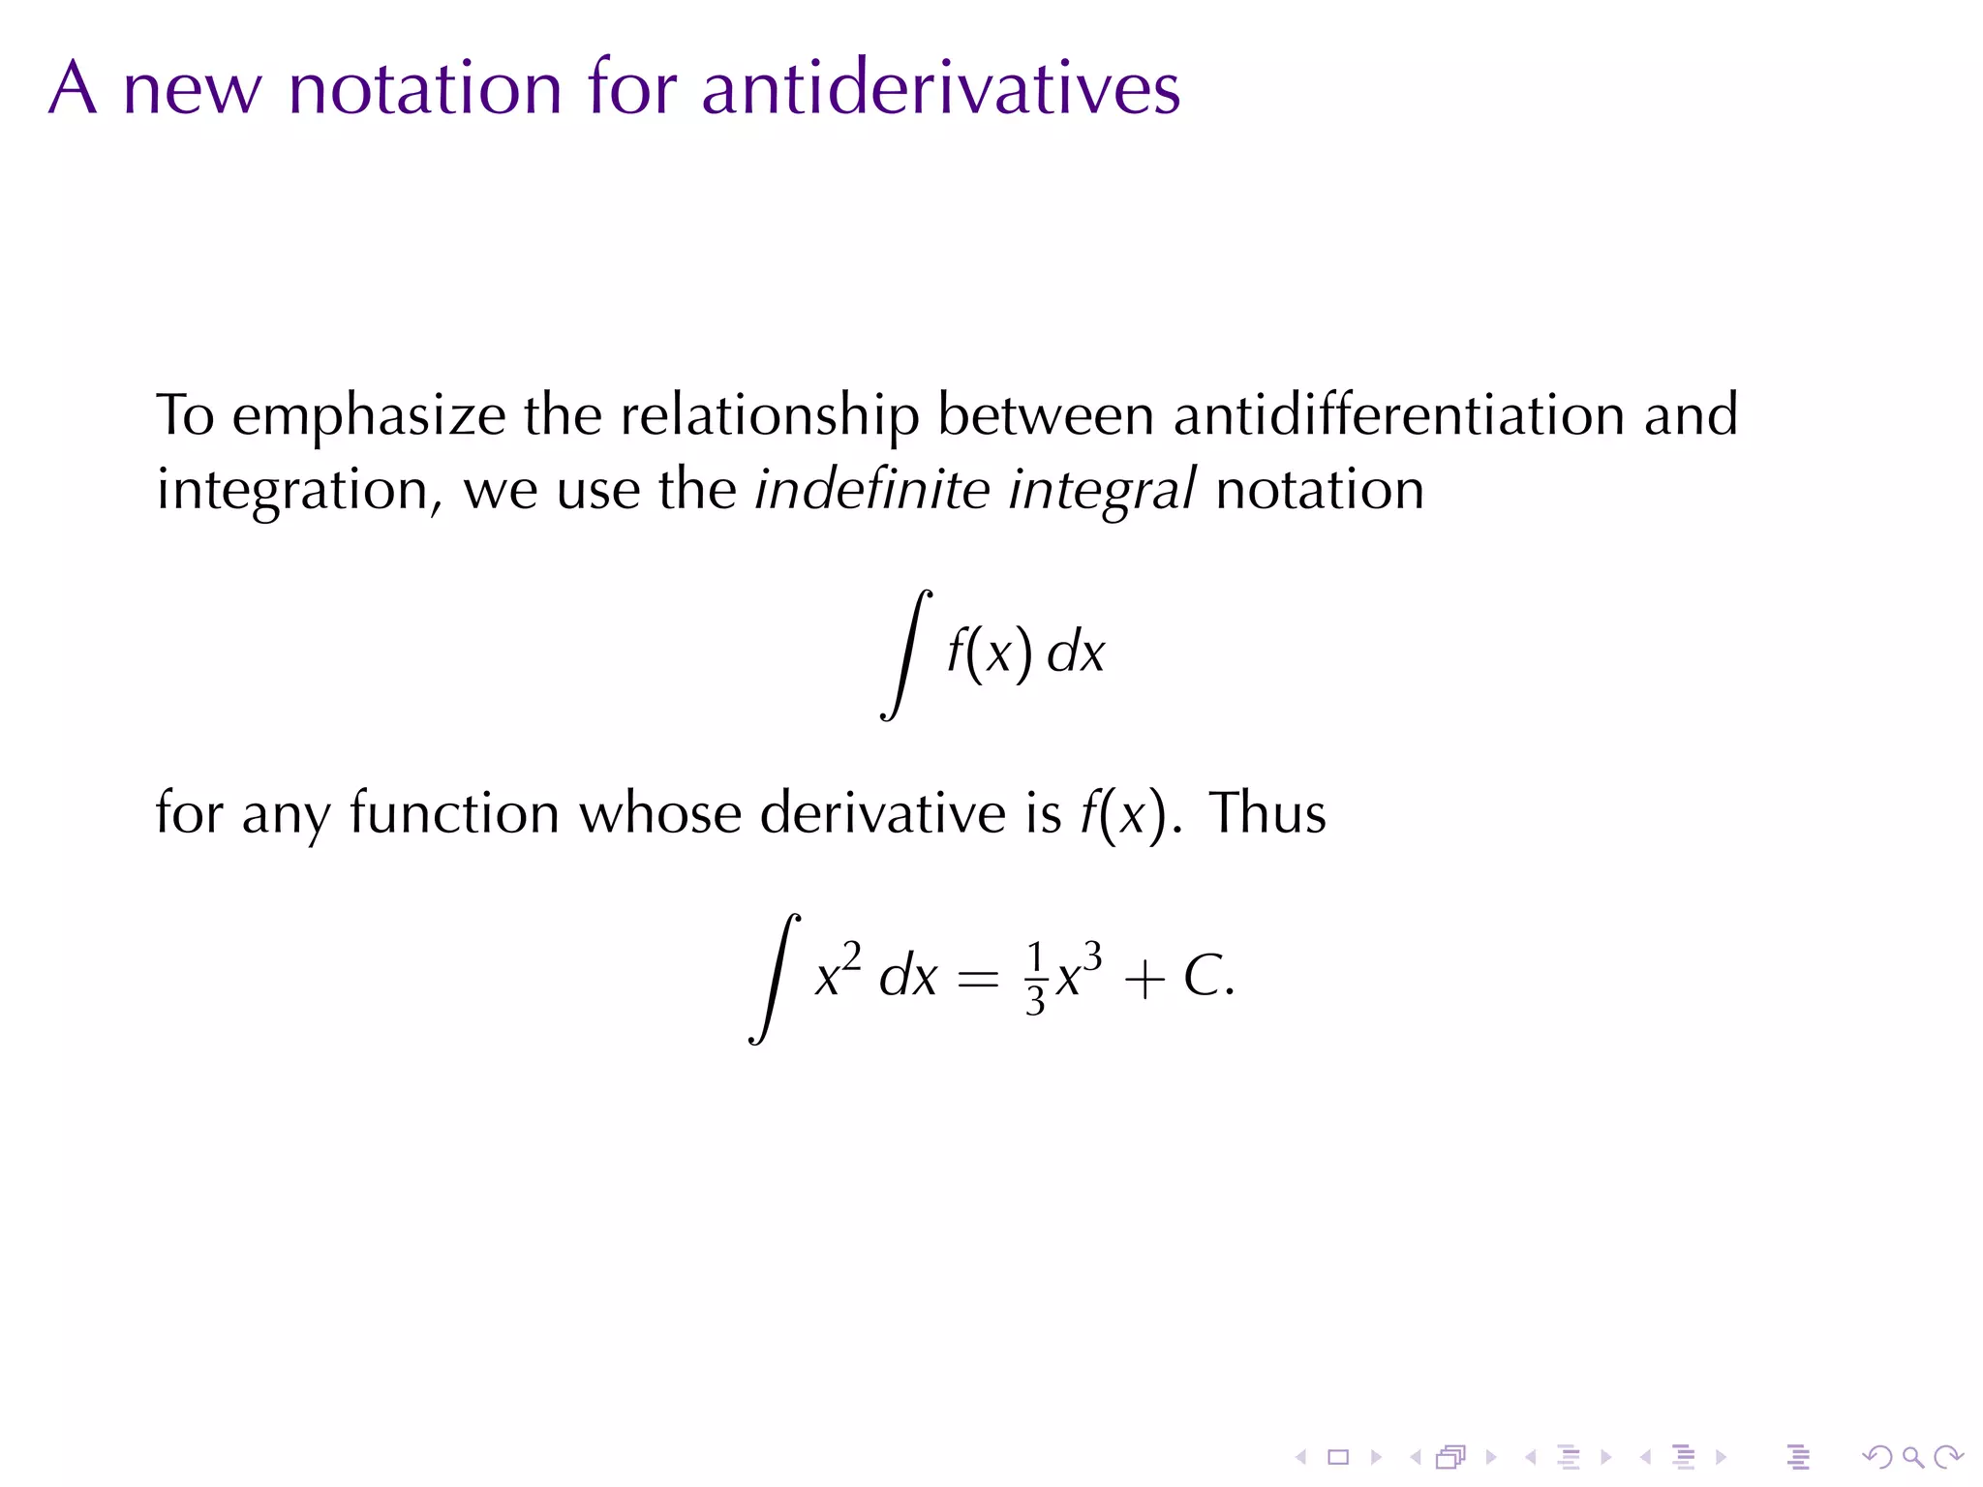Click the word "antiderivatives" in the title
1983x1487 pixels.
pos(940,88)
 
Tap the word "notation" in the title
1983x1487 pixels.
pos(425,88)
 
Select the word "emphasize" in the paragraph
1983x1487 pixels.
pos(369,416)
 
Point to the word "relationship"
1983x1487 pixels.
pos(770,416)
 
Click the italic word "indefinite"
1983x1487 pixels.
pos(872,488)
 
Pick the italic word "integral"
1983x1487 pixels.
pos(1102,490)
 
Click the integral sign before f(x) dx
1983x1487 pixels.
pos(905,654)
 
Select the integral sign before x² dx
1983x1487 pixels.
pos(775,978)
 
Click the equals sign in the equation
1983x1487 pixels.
pos(977,980)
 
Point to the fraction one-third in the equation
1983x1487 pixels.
pos(1035,978)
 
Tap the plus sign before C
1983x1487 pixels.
pos(1144,980)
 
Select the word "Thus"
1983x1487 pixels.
pos(1267,812)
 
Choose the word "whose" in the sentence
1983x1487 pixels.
pos(659,812)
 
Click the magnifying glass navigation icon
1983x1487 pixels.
pos(1912,1456)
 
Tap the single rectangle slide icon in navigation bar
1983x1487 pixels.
pos(1338,1456)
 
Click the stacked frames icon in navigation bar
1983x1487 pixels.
pos(1451,1456)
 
